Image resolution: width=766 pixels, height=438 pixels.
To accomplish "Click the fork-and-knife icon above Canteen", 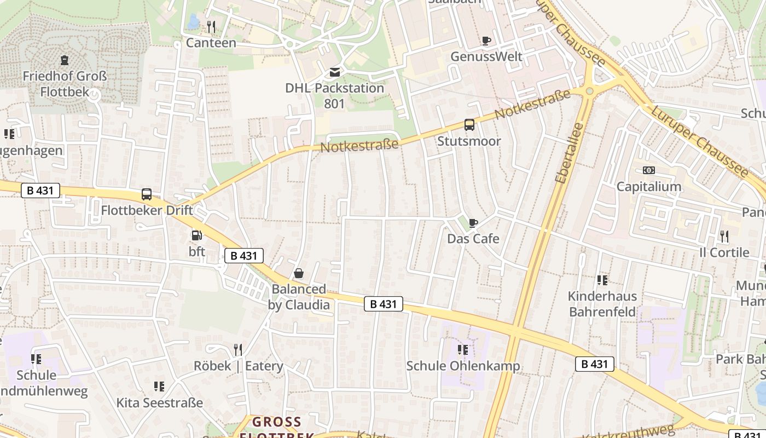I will (x=211, y=26).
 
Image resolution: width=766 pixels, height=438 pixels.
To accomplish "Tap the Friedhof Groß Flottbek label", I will (x=65, y=84).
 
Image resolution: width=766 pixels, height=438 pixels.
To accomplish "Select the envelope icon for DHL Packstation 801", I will (x=334, y=72).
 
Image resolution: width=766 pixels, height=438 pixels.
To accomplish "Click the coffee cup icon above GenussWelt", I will (x=486, y=41).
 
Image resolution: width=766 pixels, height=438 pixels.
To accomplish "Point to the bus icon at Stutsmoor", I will (x=469, y=125).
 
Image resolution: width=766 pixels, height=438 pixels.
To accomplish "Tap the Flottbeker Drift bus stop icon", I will (x=147, y=194).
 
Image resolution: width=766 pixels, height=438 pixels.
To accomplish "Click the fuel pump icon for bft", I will (x=196, y=236).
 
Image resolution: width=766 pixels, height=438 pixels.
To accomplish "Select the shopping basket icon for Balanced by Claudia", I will (x=299, y=273).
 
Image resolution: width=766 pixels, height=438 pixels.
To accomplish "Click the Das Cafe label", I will (x=473, y=239).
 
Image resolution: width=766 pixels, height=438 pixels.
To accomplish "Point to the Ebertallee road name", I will (x=568, y=153).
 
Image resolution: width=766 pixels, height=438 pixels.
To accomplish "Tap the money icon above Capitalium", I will (x=649, y=170).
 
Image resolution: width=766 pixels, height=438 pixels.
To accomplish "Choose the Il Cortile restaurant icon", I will (x=724, y=237).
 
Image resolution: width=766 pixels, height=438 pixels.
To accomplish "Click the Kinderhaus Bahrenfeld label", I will (x=602, y=304).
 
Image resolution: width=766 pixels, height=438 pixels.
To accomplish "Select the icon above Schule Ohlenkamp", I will (x=463, y=349).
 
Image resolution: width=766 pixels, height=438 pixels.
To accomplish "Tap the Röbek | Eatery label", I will (x=239, y=366).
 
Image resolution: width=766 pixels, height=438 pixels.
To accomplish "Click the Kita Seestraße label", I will (x=159, y=403).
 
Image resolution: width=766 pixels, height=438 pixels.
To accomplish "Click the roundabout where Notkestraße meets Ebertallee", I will (x=589, y=91).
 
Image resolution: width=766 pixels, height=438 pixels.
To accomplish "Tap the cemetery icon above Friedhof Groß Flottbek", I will (x=65, y=60).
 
